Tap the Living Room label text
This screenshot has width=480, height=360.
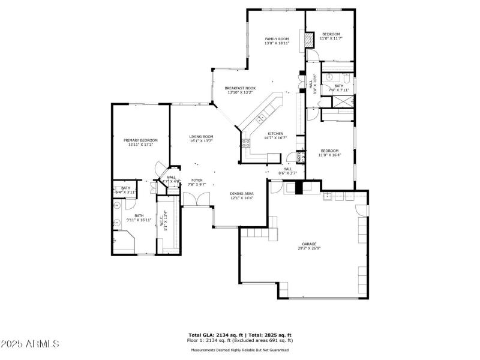tap(202, 137)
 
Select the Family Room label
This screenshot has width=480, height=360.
tap(277, 39)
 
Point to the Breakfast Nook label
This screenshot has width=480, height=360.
tap(240, 88)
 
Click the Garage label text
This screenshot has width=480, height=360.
tap(309, 244)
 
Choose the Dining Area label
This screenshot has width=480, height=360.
tap(242, 194)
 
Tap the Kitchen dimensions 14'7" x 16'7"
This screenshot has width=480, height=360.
tap(275, 138)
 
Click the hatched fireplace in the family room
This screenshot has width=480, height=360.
tap(308, 41)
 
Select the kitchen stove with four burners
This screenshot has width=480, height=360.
tap(245, 143)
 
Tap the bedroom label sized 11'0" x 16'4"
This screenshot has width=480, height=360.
tap(330, 151)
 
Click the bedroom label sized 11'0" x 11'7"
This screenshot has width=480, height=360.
tap(331, 34)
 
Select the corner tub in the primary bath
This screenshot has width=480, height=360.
tap(124, 243)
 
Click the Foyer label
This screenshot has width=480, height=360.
tap(197, 180)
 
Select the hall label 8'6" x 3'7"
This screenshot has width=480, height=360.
tap(288, 169)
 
